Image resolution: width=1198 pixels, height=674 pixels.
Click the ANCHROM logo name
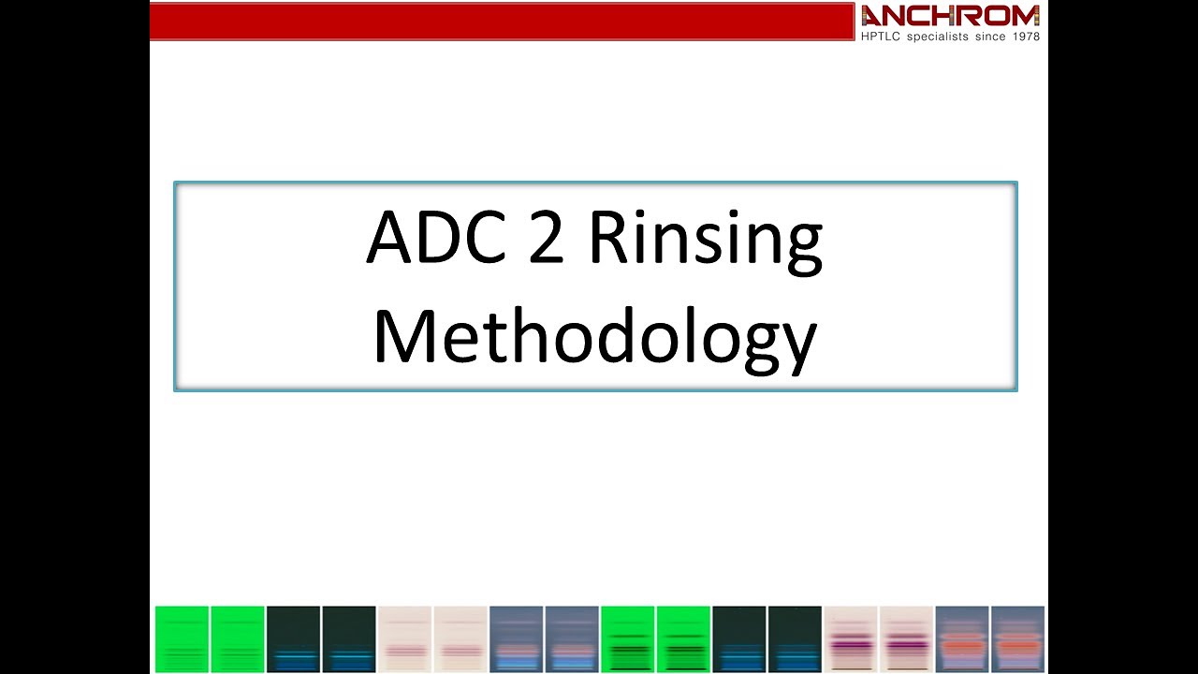[950, 16]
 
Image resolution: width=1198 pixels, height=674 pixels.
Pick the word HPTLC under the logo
[881, 37]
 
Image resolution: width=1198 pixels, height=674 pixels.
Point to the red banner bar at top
[502, 22]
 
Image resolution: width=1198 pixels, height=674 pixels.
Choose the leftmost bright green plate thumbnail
[182, 639]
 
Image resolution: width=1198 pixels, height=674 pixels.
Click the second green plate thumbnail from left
[237, 639]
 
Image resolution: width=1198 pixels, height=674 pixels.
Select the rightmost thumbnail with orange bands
[1017, 639]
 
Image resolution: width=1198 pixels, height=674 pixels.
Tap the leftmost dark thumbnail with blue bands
[293, 639]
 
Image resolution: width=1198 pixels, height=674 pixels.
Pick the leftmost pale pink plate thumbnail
[404, 639]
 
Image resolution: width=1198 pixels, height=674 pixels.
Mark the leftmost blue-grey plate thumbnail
[516, 639]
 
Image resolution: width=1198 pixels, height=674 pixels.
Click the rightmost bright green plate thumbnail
[682, 639]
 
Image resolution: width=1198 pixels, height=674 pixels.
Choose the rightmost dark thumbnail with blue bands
[795, 639]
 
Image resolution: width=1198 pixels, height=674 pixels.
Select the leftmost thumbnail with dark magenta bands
[850, 639]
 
